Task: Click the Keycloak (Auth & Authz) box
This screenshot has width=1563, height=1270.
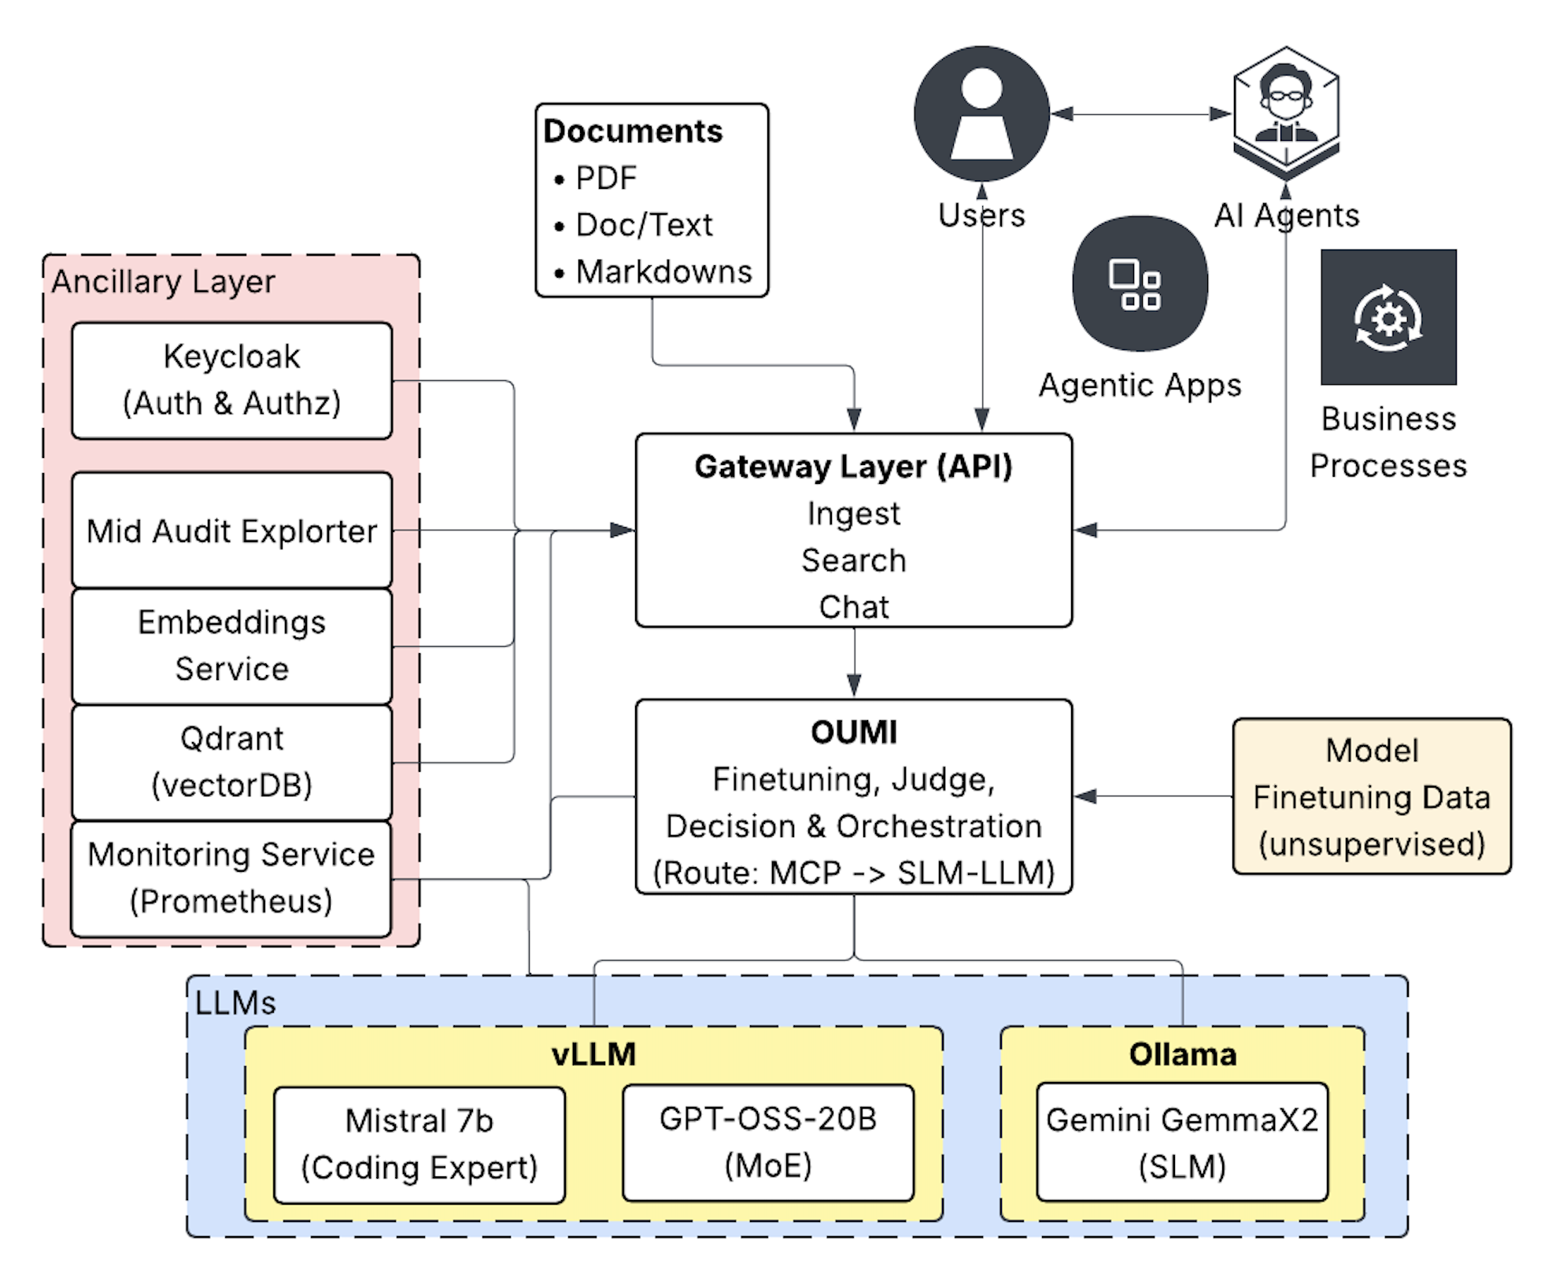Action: pos(231,380)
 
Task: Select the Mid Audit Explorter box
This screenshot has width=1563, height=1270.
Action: pos(231,530)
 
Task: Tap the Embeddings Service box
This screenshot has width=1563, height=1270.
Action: pos(231,645)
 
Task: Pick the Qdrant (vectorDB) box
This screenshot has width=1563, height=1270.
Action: pos(231,762)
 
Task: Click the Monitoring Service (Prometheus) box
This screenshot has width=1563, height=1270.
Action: pos(231,878)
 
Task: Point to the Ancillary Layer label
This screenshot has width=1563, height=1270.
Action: pos(163,282)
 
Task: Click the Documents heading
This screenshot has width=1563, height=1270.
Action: pos(633,131)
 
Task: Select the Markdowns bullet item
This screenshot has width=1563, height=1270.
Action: pos(663,271)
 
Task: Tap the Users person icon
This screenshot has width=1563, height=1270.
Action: pos(981,114)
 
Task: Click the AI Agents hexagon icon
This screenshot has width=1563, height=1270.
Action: pos(1286,110)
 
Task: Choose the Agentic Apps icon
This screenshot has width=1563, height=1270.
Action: pos(1140,283)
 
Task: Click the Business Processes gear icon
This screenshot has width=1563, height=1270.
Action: pos(1388,317)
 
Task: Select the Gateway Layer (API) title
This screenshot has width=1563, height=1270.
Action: pos(853,467)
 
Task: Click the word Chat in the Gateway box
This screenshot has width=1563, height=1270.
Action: pos(854,607)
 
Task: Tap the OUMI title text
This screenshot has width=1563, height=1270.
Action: pos(854,733)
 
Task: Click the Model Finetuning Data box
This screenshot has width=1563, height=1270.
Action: pos(1372,796)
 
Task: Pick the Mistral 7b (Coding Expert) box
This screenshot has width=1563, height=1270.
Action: pos(419,1145)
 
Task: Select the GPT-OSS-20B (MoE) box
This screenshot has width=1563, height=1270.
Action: pos(768,1143)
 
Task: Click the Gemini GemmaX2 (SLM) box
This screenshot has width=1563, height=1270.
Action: pos(1182,1143)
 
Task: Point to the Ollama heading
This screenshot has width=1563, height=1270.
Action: pos(1182,1054)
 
